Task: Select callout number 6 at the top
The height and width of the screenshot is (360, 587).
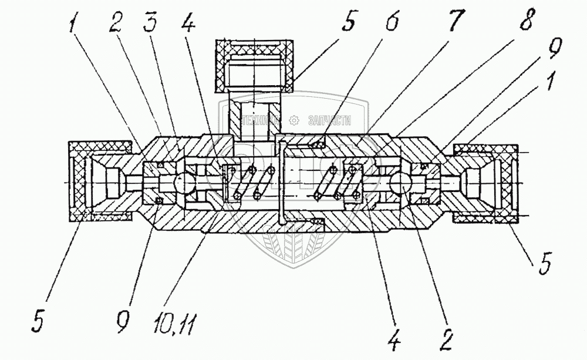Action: coord(392,23)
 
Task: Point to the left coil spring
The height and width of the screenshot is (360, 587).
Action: coord(255,183)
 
